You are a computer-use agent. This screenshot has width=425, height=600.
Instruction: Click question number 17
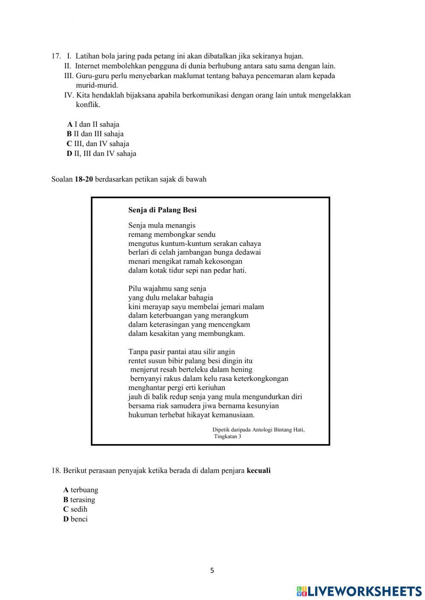(56, 56)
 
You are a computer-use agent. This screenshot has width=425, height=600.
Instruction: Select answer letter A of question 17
(70, 124)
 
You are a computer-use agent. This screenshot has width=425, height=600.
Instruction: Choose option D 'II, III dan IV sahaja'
(101, 153)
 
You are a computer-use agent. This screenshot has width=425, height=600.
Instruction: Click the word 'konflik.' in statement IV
(88, 104)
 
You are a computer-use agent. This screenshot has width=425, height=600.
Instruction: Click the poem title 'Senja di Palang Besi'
(162, 210)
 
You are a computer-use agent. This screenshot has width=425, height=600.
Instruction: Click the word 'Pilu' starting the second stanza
(135, 289)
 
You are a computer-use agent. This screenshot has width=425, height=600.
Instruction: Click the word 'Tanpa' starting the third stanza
(138, 352)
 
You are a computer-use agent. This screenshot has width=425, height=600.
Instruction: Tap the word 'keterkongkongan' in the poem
(261, 378)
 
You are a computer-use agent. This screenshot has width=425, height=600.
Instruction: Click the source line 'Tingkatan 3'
(227, 437)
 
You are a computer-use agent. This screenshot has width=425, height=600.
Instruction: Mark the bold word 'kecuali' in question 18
(258, 470)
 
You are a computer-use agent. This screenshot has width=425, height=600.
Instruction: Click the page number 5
(212, 571)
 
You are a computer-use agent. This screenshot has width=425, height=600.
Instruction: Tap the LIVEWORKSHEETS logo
(359, 591)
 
